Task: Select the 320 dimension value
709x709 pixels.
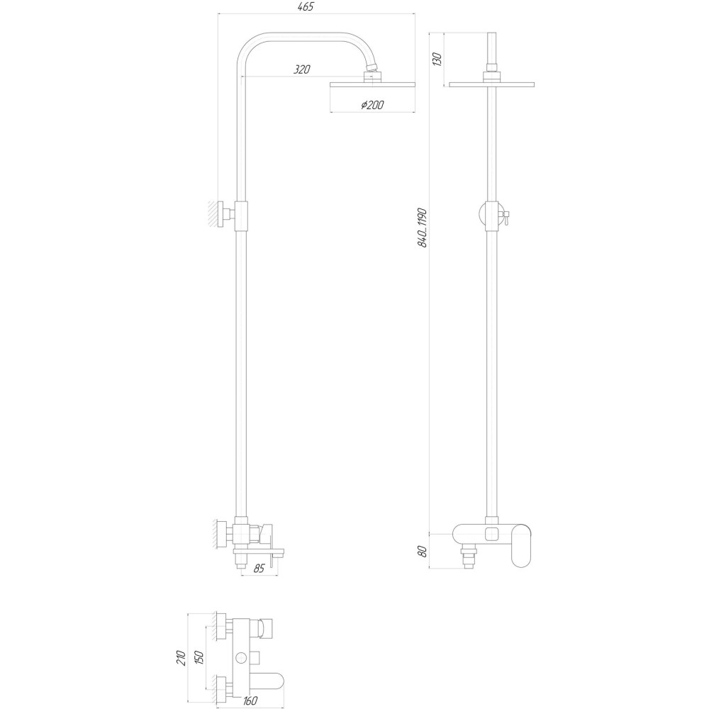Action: click(x=301, y=69)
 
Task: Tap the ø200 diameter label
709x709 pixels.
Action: click(x=372, y=105)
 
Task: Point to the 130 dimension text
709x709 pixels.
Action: click(x=438, y=59)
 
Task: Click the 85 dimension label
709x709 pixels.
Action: click(x=259, y=568)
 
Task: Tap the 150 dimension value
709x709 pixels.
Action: click(x=201, y=658)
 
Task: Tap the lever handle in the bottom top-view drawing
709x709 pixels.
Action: click(x=269, y=681)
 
